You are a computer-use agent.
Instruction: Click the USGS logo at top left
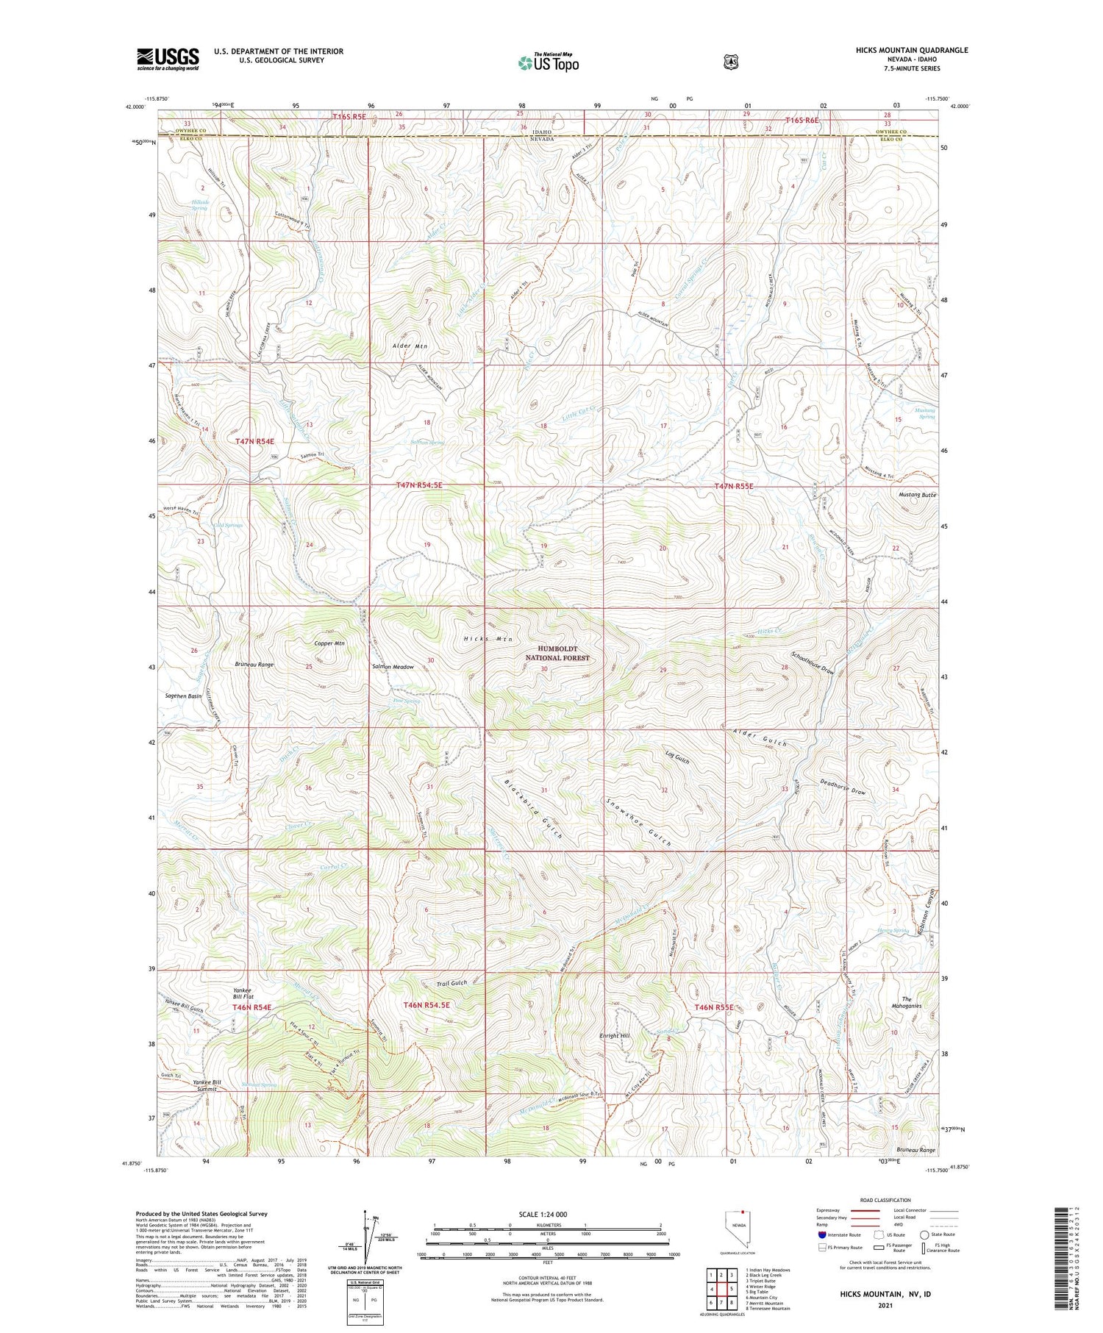[x=168, y=59]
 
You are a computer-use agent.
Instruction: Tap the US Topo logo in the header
[x=548, y=63]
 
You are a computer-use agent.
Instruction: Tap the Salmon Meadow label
[x=393, y=667]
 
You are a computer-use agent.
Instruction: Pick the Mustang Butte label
[x=917, y=496]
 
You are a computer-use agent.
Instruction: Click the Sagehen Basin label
[x=183, y=696]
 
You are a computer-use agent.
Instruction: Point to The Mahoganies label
[x=906, y=1003]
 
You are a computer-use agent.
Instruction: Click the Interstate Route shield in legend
[x=822, y=1235]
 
